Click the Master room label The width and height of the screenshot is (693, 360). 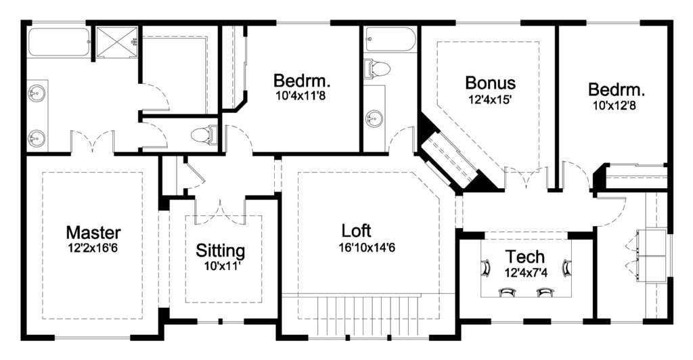(x=93, y=232)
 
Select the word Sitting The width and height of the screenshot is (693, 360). (x=221, y=251)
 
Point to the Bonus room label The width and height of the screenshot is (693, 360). (x=491, y=83)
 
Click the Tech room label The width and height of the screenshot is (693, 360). (x=525, y=256)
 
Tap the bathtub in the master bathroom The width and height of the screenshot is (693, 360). (x=60, y=42)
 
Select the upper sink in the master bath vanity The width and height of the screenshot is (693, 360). (x=35, y=93)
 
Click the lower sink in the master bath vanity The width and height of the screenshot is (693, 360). (x=35, y=139)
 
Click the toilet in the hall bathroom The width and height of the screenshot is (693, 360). (x=376, y=69)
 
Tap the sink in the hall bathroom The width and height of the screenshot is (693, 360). (x=374, y=119)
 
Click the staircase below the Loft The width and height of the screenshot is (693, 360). (x=368, y=317)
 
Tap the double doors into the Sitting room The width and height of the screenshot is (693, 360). (x=220, y=208)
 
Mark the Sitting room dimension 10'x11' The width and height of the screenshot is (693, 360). (x=221, y=267)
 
